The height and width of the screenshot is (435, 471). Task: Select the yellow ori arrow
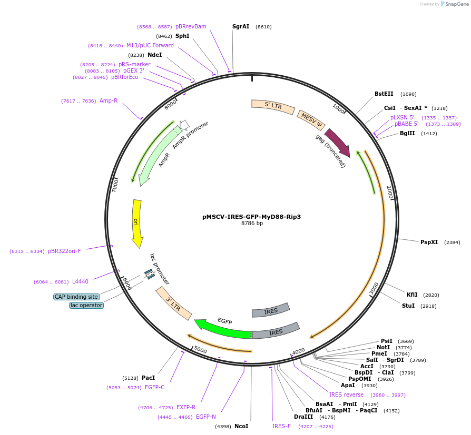[137, 223]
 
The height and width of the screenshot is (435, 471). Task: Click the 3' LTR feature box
[173, 304]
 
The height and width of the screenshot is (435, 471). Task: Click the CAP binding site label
[76, 297]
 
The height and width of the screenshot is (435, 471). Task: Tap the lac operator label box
[86, 305]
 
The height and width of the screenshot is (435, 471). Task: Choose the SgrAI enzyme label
[241, 26]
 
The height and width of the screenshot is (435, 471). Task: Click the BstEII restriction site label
[384, 94]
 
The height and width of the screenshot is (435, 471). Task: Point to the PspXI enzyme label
[429, 242]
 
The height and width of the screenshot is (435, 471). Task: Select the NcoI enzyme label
[241, 426]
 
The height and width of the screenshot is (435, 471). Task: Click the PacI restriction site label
[148, 378]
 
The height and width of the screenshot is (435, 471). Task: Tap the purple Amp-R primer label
[109, 100]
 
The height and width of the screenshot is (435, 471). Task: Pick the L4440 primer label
[81, 281]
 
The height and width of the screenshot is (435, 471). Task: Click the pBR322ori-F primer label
[64, 251]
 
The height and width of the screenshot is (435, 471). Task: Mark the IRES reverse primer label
[346, 394]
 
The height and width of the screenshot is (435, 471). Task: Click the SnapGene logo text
[456, 4]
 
